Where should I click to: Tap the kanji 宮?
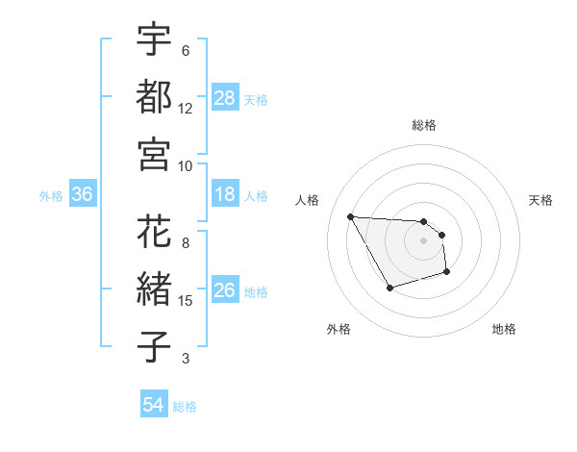click(x=154, y=154)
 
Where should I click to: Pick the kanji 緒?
click(x=154, y=289)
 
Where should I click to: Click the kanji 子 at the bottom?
click(x=154, y=347)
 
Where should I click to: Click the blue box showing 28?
click(x=225, y=97)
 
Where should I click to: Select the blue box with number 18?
click(x=225, y=194)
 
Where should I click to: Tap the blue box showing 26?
click(x=225, y=290)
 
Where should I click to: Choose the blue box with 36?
click(x=83, y=194)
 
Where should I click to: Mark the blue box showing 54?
click(x=154, y=405)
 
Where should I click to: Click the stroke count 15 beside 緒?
click(x=187, y=301)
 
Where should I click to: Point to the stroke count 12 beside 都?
click(x=187, y=109)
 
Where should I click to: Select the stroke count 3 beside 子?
click(x=186, y=359)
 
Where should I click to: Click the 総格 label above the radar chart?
click(x=424, y=125)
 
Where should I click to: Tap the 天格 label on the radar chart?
click(x=540, y=200)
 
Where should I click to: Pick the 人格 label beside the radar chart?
click(x=308, y=200)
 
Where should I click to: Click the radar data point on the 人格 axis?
click(x=350, y=216)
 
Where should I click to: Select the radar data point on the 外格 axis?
click(x=389, y=288)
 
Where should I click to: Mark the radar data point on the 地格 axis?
click(x=447, y=273)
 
